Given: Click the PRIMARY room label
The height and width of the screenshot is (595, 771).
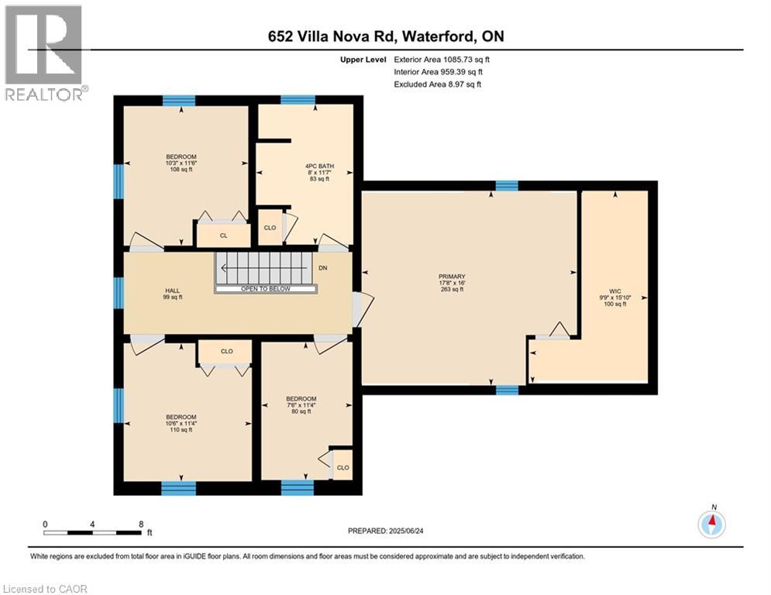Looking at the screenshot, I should [451, 277].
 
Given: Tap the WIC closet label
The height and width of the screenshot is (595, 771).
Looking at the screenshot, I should [614, 292].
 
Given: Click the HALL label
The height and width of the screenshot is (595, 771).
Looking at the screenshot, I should [171, 291].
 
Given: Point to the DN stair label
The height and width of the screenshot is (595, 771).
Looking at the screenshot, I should [323, 268].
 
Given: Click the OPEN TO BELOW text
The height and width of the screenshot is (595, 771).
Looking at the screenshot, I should [267, 289].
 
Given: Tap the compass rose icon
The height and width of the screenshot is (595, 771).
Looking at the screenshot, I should [711, 524].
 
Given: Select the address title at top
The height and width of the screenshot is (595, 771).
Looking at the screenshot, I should [385, 36].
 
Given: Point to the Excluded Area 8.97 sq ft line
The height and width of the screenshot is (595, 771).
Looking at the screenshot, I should [438, 84].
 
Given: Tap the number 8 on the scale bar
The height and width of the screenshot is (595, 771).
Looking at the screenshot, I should [141, 524].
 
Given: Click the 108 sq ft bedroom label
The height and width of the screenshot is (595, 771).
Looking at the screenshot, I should [181, 170].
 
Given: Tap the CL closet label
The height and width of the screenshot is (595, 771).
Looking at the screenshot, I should [223, 236].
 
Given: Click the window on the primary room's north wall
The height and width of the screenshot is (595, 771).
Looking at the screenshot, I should [507, 185].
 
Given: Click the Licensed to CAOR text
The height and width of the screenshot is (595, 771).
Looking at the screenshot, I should [45, 589].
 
